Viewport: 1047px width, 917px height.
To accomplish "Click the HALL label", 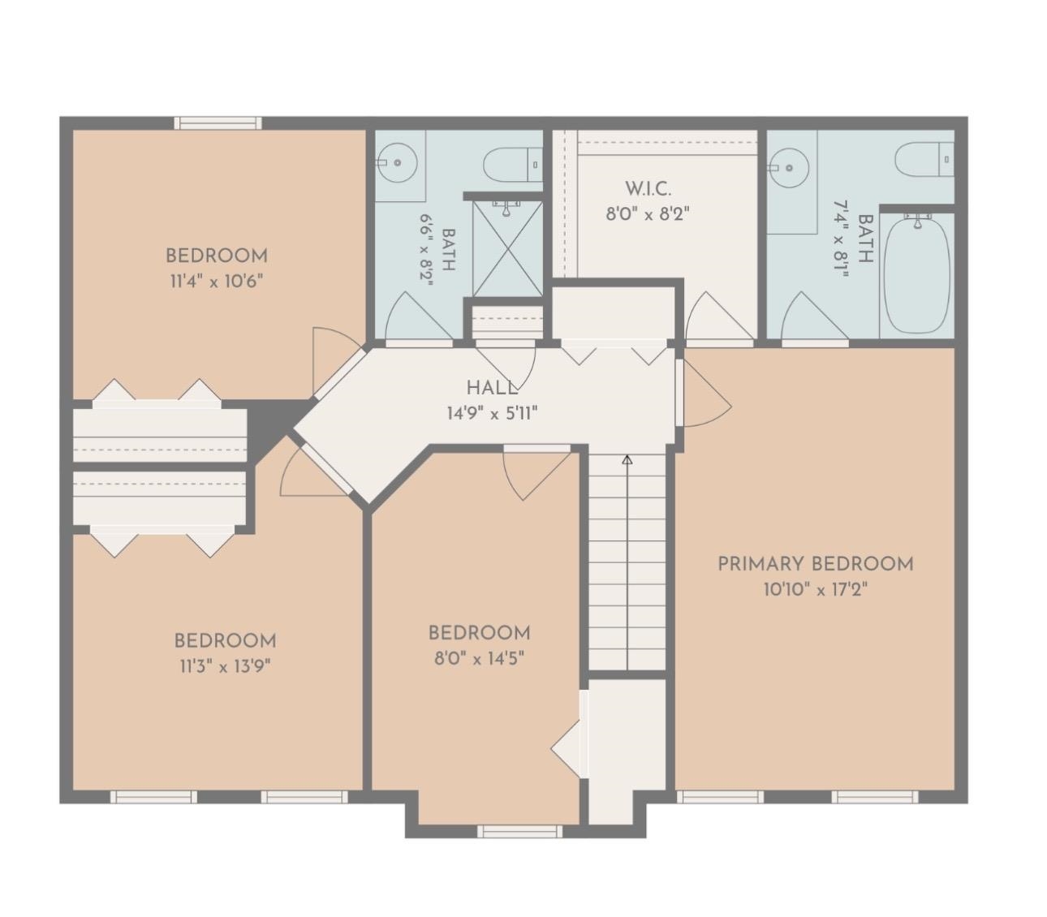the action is click(492, 388).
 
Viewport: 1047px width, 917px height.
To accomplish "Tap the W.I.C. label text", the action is click(648, 188).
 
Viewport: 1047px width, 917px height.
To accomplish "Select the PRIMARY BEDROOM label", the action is click(816, 564).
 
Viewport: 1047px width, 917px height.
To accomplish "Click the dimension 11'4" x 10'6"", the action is click(217, 282).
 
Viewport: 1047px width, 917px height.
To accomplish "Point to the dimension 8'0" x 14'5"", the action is click(480, 659).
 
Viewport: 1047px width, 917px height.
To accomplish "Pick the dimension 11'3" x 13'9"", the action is click(225, 666).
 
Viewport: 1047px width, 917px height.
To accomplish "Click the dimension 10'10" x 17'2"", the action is click(816, 590).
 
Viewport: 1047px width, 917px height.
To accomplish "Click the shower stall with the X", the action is click(507, 248).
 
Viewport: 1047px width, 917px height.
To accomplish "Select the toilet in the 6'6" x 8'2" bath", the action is click(513, 165).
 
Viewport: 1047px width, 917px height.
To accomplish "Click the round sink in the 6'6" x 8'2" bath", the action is click(398, 163).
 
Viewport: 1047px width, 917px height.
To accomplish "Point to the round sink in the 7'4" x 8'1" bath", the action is click(789, 168).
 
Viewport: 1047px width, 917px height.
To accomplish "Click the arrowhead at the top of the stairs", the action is click(627, 460).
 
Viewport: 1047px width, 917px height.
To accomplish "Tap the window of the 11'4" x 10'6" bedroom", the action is click(218, 123).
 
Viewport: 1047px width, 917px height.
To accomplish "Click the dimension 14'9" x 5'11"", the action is click(492, 413).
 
